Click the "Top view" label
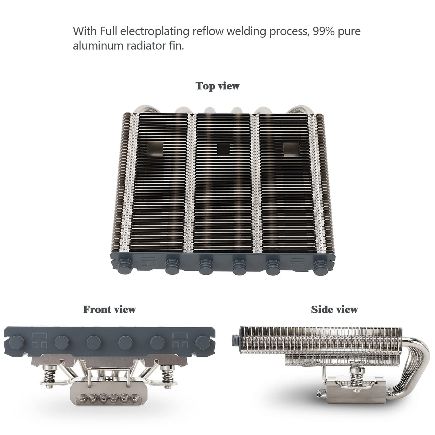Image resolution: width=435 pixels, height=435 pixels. tap(217, 86)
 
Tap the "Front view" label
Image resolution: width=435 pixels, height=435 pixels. tap(109, 309)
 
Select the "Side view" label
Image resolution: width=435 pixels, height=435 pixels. tap(334, 309)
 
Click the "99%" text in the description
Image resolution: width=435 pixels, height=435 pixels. tap(324, 31)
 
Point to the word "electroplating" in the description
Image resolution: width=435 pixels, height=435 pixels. tap(155, 31)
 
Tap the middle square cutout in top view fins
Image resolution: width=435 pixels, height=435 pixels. tap(223, 149)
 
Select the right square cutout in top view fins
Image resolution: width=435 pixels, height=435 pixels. tap(291, 149)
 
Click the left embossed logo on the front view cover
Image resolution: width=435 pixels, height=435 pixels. tap(39, 341)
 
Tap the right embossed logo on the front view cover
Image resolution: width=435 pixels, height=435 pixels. tap(180, 341)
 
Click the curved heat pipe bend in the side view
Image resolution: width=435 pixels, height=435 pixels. tap(419, 361)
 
